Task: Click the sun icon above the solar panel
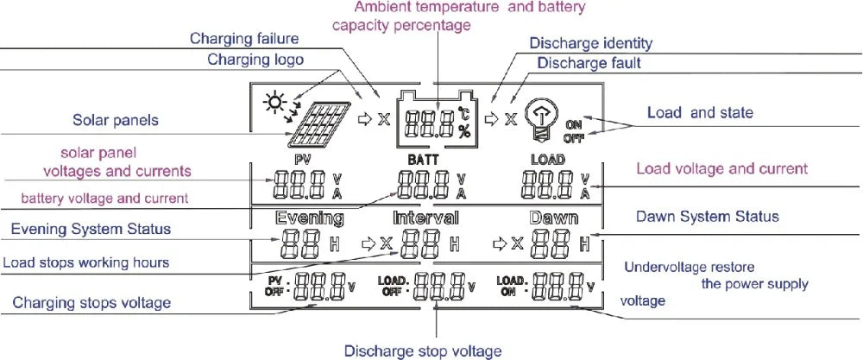pyautogui.click(x=275, y=103)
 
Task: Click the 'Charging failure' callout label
pyautogui.click(x=244, y=39)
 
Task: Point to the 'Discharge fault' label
pyautogui.click(x=589, y=63)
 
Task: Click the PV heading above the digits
pyautogui.click(x=302, y=161)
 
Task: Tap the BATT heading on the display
pyautogui.click(x=423, y=161)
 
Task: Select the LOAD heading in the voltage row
pyautogui.click(x=548, y=161)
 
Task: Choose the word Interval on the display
pyautogui.click(x=426, y=218)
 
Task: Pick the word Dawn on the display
pyautogui.click(x=553, y=218)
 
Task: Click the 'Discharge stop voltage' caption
pyautogui.click(x=423, y=351)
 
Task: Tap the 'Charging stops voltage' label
pyautogui.click(x=91, y=303)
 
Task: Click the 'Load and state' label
pyautogui.click(x=700, y=112)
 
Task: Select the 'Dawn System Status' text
pyautogui.click(x=707, y=216)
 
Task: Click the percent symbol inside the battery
pyautogui.click(x=464, y=130)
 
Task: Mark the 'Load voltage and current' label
pyautogui.click(x=721, y=168)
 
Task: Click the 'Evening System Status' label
pyautogui.click(x=91, y=229)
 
